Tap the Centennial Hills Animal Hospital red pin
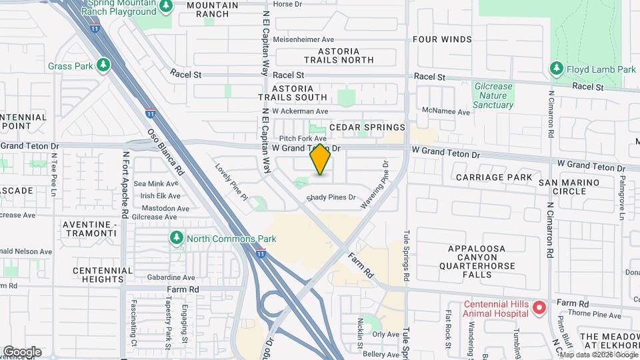tap(539, 307)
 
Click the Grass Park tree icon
tap(103, 65)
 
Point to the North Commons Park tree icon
tap(177, 238)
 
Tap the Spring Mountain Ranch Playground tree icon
tap(167, 7)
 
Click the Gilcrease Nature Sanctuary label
tap(493, 95)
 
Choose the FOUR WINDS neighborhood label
tap(442, 39)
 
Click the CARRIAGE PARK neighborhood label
tap(494, 177)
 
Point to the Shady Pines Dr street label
tap(331, 198)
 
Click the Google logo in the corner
tap(21, 352)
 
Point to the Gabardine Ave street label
tap(171, 277)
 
